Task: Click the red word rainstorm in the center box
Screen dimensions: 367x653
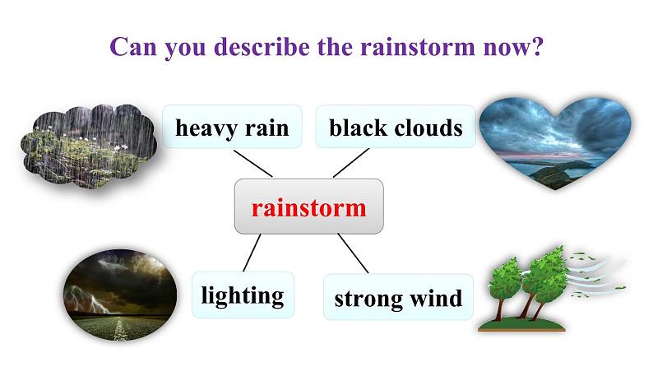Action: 308,207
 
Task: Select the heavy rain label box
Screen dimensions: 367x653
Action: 231,128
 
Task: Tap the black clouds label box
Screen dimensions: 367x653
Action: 396,128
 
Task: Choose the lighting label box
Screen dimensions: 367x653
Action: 243,295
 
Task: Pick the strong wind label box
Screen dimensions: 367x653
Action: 398,298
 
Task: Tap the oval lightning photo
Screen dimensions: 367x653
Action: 119,290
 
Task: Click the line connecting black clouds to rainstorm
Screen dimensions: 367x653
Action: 350,163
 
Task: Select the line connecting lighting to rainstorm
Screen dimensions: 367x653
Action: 253,252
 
